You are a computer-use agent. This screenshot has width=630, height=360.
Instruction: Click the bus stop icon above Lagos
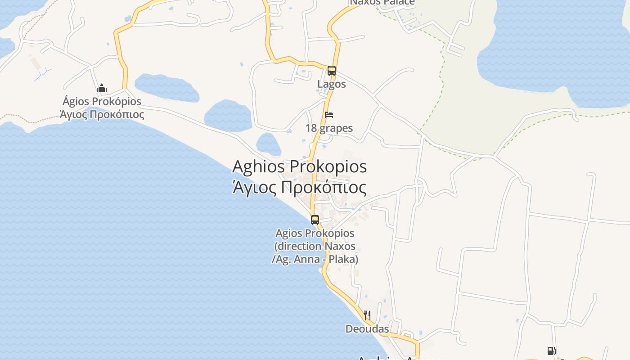[x=332, y=70]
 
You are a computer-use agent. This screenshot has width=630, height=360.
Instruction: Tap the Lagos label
[x=332, y=84]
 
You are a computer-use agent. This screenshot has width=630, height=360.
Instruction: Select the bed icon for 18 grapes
[x=329, y=115]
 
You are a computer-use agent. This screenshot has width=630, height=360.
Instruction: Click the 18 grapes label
[x=329, y=128]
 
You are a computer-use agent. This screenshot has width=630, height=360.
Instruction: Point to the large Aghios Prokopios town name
[x=299, y=166]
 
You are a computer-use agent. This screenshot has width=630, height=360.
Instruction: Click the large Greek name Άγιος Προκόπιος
[x=299, y=187]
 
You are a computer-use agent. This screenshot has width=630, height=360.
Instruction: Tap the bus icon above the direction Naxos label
[x=315, y=220]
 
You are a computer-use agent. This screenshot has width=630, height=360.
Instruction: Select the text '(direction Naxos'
[x=315, y=247]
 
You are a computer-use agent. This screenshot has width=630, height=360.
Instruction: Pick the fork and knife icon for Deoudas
[x=367, y=315]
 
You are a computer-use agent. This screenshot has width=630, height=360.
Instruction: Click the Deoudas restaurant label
[x=367, y=329]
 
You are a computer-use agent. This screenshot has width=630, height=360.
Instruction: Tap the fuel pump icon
[x=551, y=351]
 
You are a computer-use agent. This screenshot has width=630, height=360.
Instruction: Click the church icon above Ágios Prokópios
[x=102, y=88]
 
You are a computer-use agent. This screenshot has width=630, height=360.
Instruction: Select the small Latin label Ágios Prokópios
[x=102, y=102]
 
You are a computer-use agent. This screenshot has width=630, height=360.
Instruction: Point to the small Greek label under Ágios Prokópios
[x=102, y=114]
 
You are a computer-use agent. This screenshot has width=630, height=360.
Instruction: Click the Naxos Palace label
[x=382, y=2]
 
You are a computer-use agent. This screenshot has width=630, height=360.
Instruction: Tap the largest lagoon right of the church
[x=166, y=88]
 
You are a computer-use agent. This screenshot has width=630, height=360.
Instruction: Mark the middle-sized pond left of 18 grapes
[x=228, y=116]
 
